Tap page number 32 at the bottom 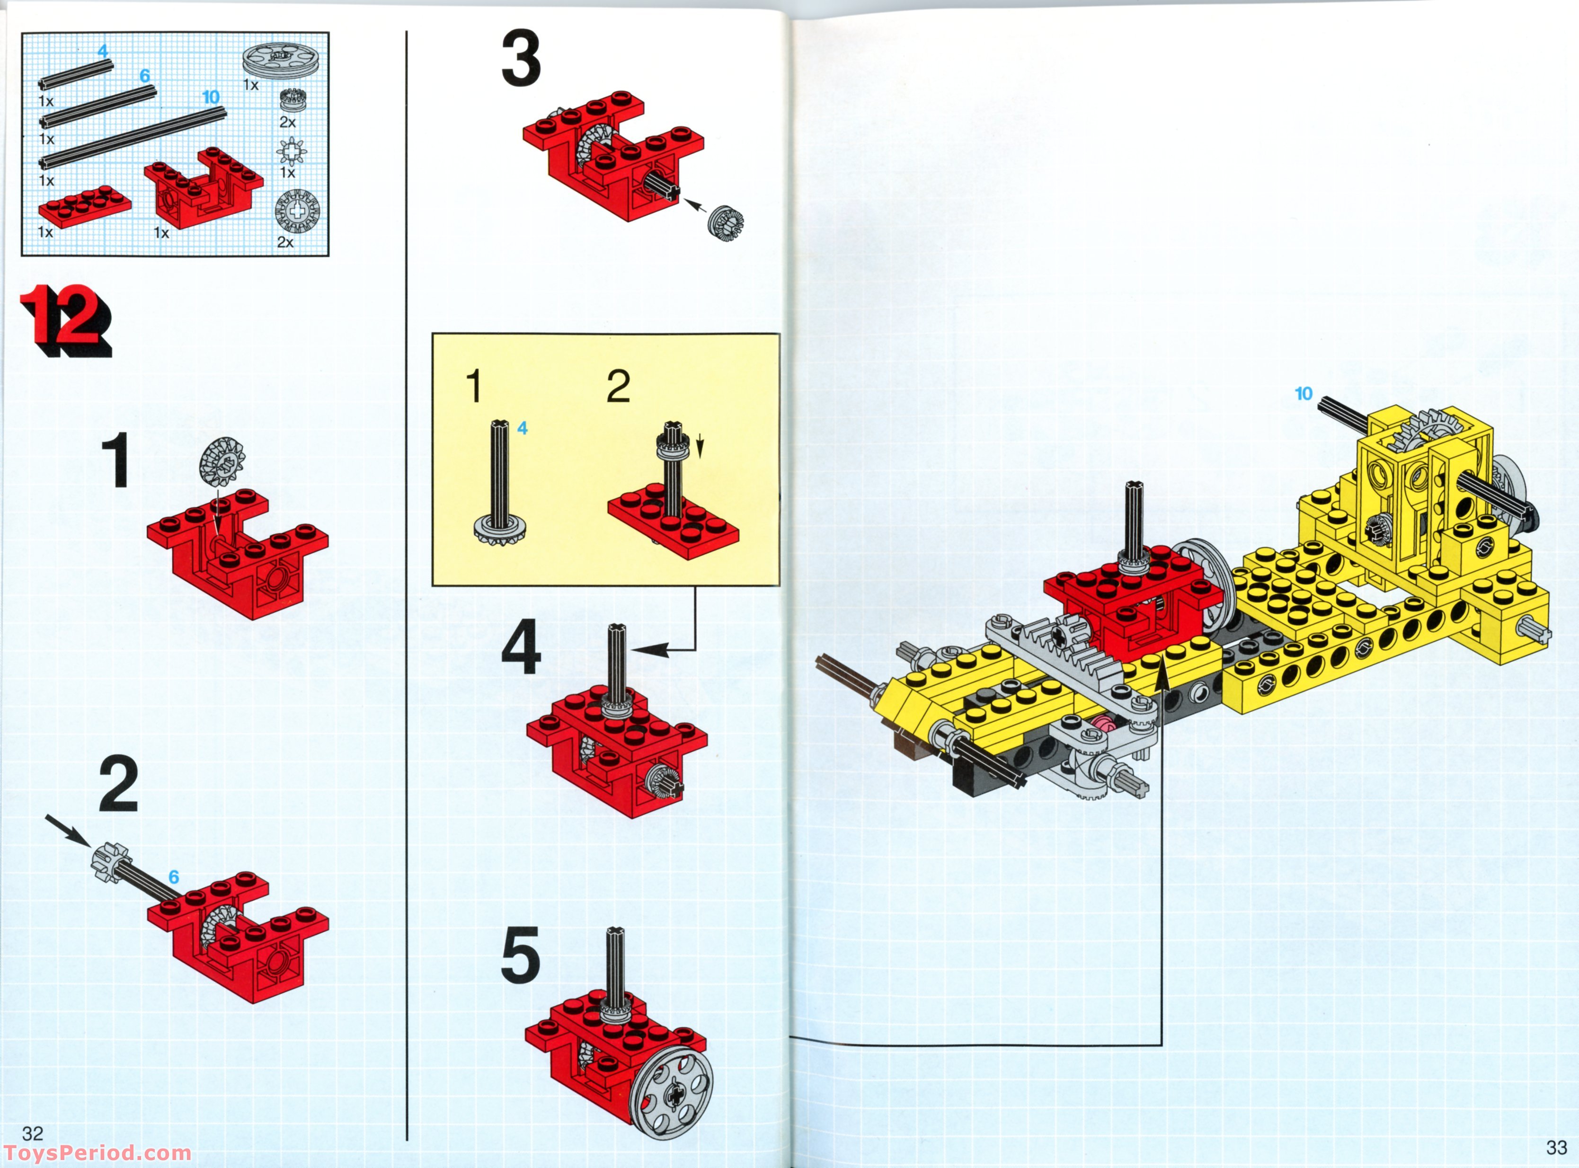click(33, 1133)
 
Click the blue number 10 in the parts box click(211, 97)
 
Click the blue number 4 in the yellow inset click(522, 428)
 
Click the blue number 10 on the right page click(1303, 394)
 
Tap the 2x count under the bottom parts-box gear click(285, 242)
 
